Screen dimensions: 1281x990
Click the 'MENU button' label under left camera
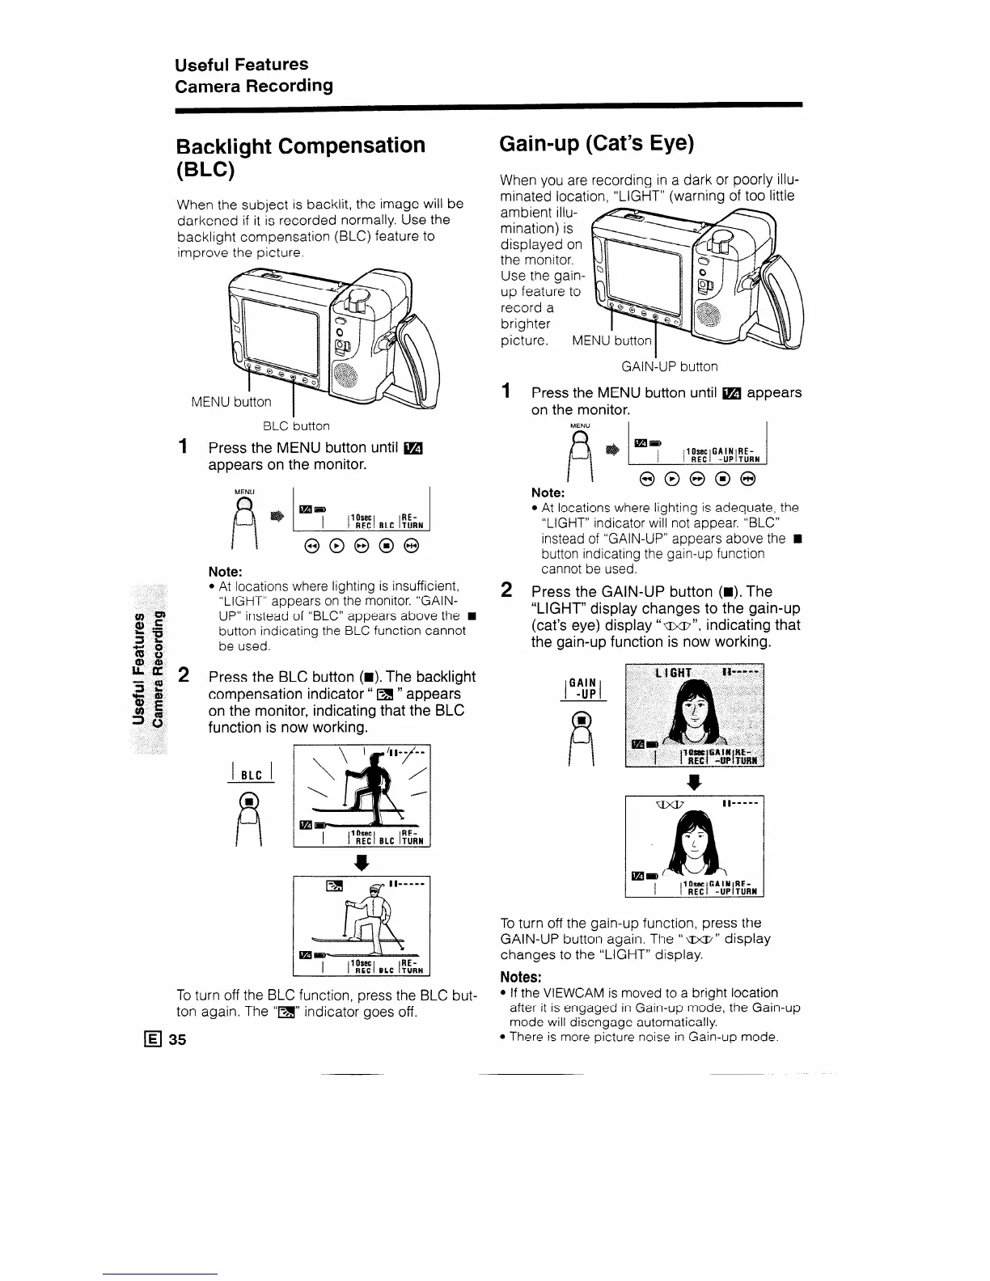(231, 402)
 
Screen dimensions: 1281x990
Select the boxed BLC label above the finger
(253, 775)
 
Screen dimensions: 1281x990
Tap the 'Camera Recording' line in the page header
(254, 86)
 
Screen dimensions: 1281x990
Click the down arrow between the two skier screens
(362, 862)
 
